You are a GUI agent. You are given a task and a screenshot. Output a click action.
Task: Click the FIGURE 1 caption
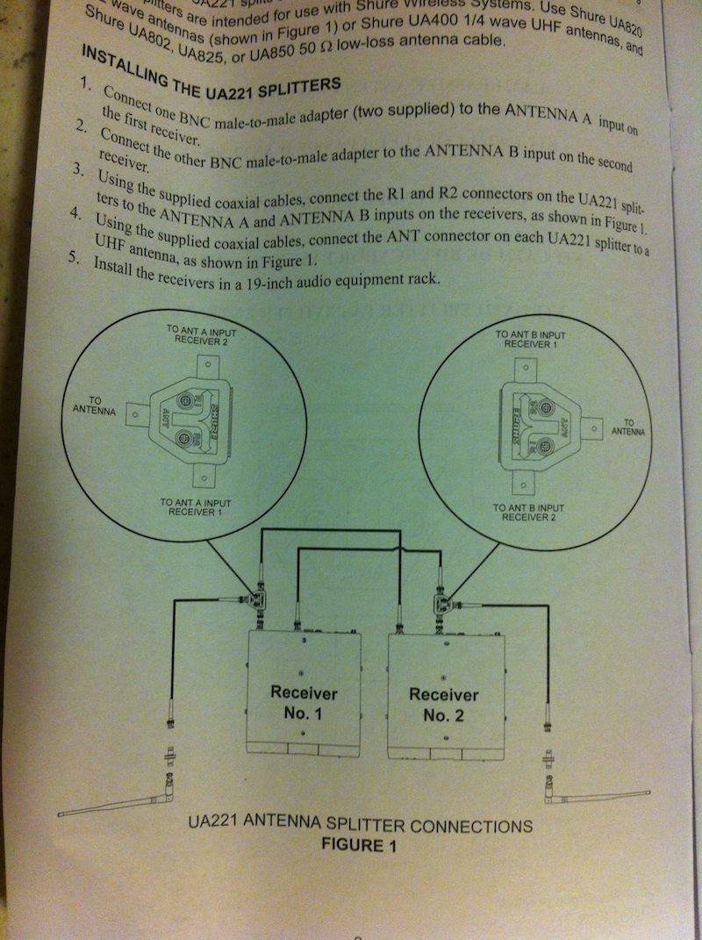359,846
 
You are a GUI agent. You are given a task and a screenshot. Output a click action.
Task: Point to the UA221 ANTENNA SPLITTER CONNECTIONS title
361,825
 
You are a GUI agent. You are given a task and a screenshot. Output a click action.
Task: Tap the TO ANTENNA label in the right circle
627,427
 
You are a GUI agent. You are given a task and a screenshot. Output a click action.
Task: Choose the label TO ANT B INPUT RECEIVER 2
528,513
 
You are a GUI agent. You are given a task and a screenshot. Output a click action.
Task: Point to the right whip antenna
597,795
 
